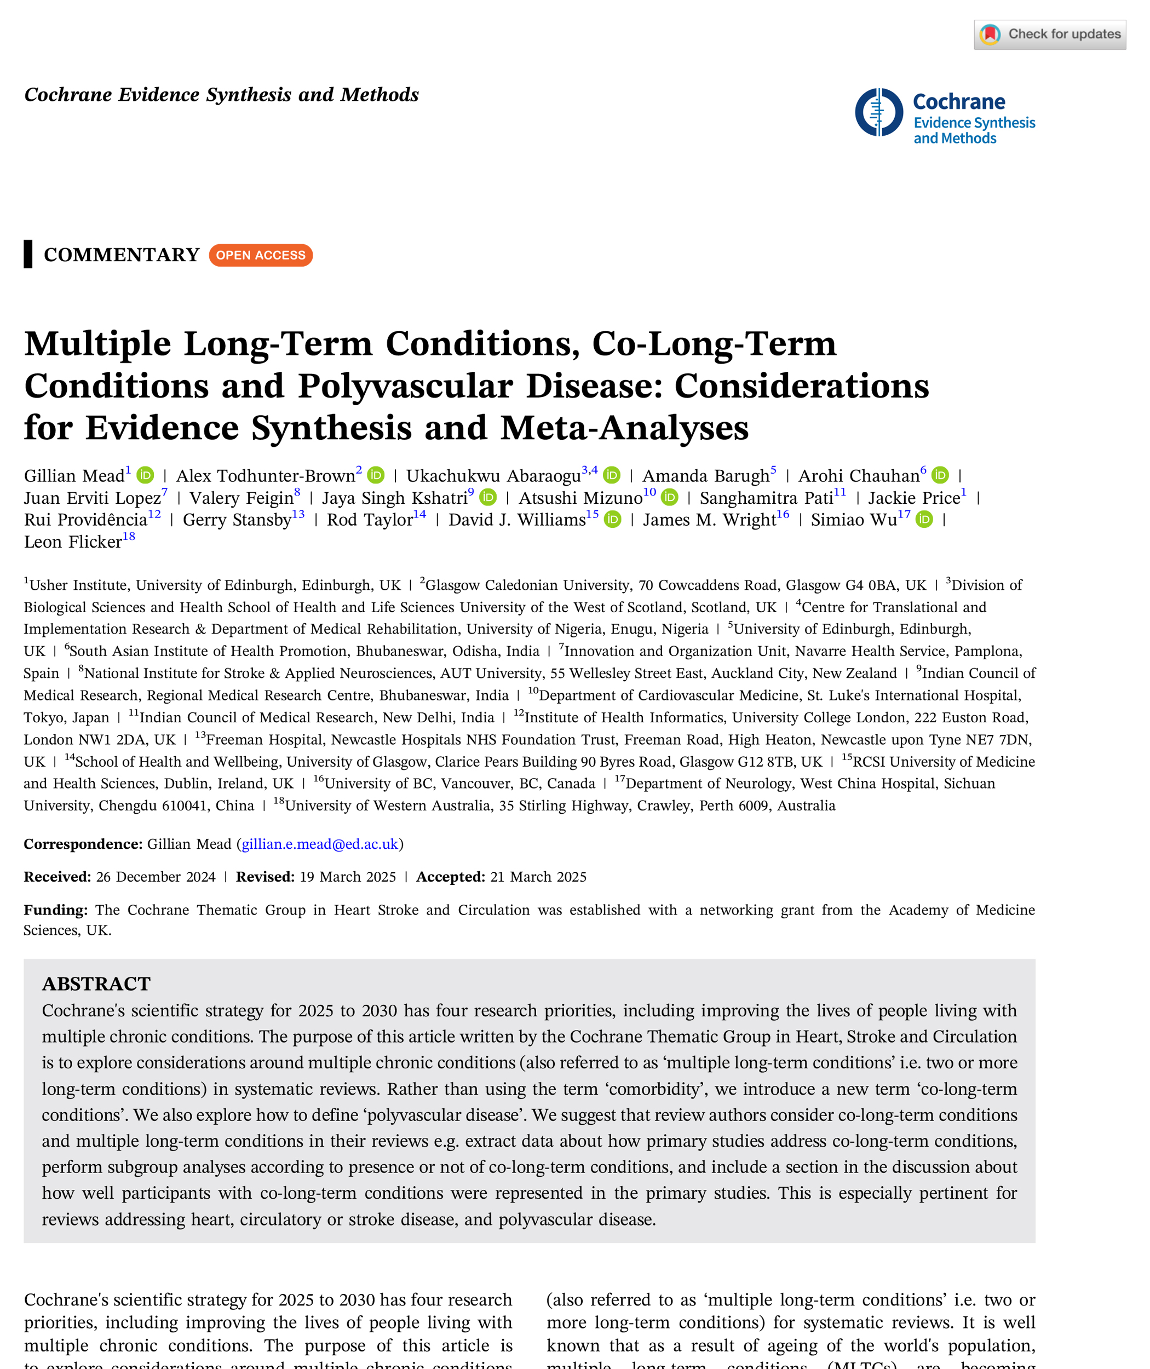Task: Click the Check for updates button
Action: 1050,34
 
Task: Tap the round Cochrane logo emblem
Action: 879,112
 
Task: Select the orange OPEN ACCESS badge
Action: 261,255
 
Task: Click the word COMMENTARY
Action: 121,255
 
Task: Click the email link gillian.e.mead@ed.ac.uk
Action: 319,844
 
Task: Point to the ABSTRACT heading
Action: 96,983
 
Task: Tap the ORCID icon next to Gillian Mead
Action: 145,475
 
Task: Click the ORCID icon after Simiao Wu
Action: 924,520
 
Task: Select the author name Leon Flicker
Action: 73,542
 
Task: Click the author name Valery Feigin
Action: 241,498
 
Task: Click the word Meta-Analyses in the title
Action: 624,428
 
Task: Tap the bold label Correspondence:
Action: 83,844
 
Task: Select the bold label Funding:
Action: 55,910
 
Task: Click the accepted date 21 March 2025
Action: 538,877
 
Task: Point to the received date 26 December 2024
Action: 156,877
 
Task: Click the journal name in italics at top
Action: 222,95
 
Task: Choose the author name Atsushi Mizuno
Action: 580,498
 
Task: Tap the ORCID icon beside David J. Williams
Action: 613,520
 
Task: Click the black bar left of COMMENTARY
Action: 28,254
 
